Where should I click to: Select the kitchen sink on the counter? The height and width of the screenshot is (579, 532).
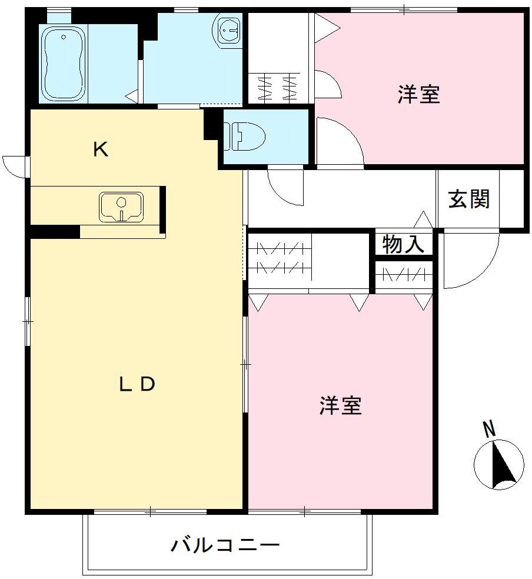[121, 207]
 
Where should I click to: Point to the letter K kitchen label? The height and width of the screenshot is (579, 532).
[101, 150]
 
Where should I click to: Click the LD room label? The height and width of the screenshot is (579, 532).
[137, 384]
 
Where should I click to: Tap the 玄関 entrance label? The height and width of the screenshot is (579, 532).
[468, 199]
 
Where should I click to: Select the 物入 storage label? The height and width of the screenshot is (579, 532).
[403, 244]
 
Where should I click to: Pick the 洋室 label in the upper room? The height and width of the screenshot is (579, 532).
[418, 94]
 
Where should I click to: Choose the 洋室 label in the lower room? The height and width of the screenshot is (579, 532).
[341, 405]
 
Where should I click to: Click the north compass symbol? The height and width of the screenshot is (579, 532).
[498, 465]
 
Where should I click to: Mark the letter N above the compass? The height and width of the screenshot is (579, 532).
[489, 430]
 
